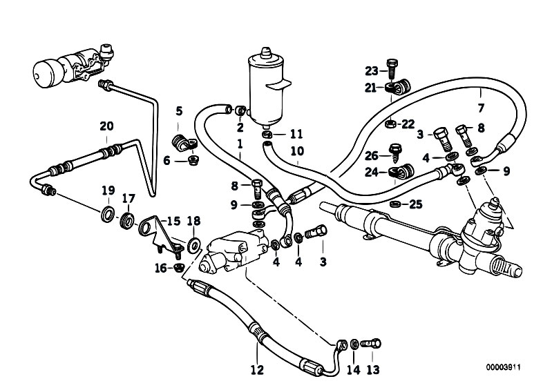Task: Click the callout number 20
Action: [x=106, y=126]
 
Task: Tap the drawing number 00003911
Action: [x=503, y=367]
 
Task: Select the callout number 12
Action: [x=257, y=370]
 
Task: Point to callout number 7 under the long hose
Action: [x=482, y=108]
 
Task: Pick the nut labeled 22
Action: [x=390, y=124]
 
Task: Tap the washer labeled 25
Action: [x=395, y=204]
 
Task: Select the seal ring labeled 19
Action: [x=108, y=215]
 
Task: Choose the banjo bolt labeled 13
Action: [x=371, y=342]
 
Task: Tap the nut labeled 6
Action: [x=193, y=161]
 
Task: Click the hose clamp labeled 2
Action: [x=240, y=110]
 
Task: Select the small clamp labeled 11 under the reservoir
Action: [x=268, y=134]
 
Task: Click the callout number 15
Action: [x=173, y=221]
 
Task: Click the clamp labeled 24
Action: [x=401, y=171]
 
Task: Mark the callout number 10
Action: [x=297, y=151]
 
